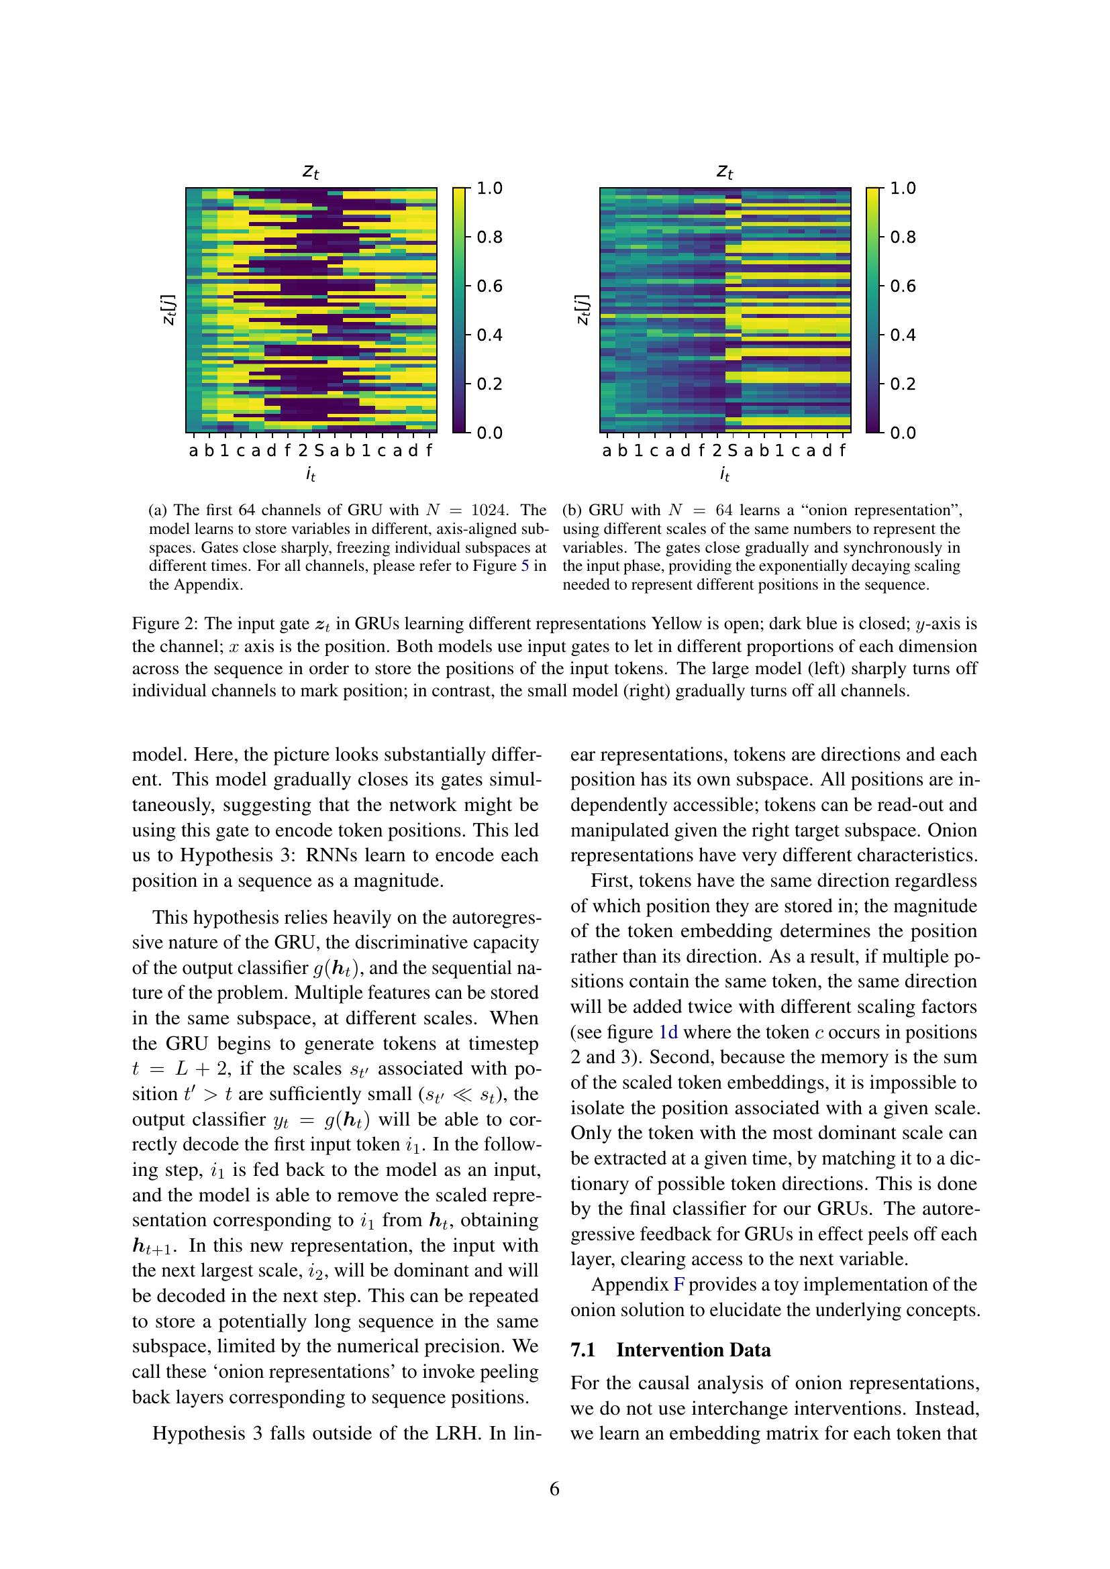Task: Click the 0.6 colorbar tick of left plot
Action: (x=489, y=286)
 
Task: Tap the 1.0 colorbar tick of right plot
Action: (x=902, y=188)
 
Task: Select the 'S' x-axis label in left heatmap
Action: (x=319, y=451)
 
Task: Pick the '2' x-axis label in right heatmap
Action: (x=717, y=451)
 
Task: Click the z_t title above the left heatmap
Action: (x=311, y=172)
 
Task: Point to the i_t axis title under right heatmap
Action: (x=725, y=474)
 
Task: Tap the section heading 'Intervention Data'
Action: (x=693, y=1350)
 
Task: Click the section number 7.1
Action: (x=583, y=1350)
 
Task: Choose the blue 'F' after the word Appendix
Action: (x=678, y=1285)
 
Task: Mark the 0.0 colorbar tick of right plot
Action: (x=902, y=433)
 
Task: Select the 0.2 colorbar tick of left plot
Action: (x=489, y=384)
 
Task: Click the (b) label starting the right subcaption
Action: (x=572, y=510)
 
